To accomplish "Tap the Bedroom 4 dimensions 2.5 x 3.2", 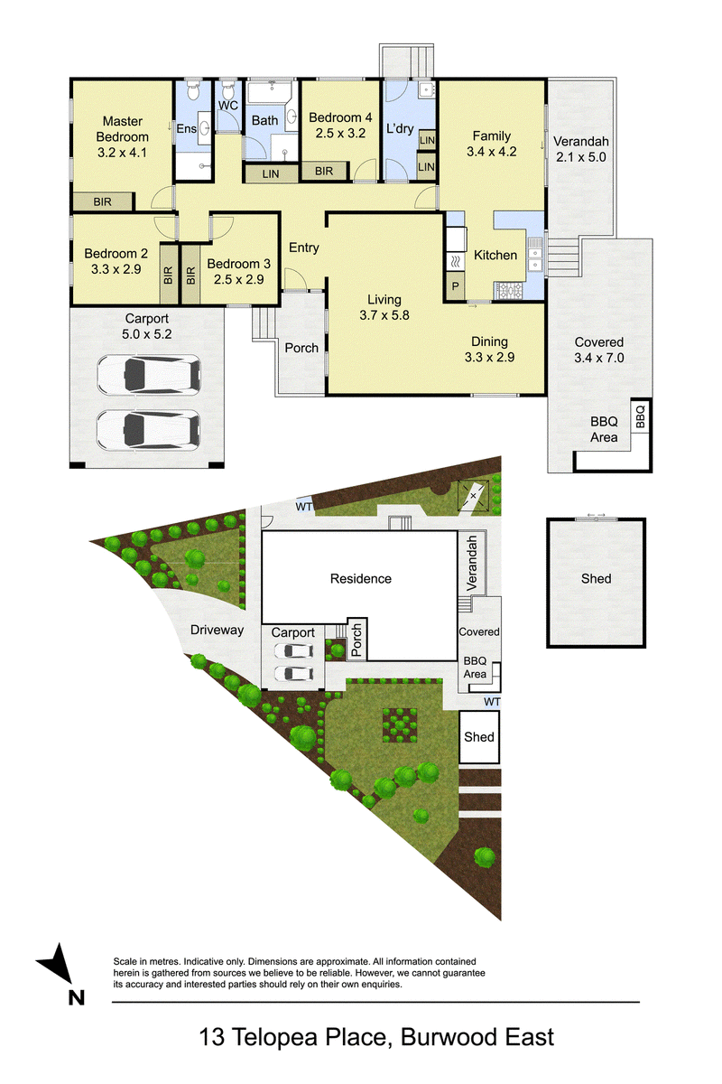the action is (340, 133).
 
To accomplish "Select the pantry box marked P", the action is (455, 286).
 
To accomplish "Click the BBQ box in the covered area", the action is (640, 416).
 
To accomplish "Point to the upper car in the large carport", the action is (149, 374).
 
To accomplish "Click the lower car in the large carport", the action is (149, 430).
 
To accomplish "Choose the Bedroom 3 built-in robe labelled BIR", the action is (191, 275).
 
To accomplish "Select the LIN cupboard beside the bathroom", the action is (271, 173).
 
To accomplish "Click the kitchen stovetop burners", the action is (509, 290).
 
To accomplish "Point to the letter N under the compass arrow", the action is (77, 997).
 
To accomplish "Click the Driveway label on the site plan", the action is (217, 630).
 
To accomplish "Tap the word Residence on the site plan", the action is (361, 578).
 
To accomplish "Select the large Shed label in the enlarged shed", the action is (597, 578).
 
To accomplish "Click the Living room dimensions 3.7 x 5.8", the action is (384, 315).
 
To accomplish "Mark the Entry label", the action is (304, 248).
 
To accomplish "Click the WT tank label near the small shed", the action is (492, 702).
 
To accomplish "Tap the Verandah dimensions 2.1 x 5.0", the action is (581, 157).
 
